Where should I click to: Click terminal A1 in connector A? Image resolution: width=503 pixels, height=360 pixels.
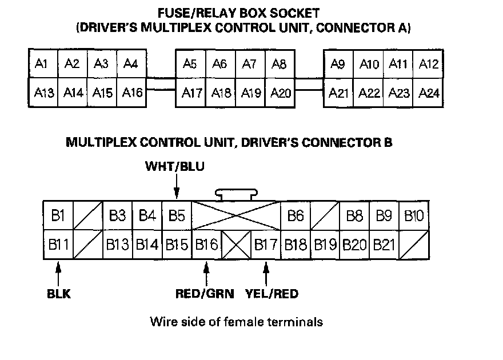43,63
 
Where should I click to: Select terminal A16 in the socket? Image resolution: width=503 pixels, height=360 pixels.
132,93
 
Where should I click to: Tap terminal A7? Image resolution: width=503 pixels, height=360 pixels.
250,64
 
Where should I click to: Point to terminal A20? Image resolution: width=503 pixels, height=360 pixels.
280,93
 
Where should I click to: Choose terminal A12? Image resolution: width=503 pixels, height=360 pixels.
428,64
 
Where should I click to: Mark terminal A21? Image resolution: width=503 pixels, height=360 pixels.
338,93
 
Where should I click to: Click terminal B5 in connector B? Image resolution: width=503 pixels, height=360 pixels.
177,215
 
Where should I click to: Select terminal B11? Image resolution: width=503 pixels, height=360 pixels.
58,244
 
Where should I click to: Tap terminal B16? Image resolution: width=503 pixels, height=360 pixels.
206,244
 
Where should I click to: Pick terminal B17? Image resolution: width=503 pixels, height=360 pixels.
266,244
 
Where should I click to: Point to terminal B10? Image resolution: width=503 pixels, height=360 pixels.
414,215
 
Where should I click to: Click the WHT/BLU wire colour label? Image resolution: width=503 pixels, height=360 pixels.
175,166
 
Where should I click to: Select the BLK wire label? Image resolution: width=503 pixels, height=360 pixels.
59,294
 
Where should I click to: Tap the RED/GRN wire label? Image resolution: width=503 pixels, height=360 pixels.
205,294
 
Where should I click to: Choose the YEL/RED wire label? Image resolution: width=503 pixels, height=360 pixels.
272,294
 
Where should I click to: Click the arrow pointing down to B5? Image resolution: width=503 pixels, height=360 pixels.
177,187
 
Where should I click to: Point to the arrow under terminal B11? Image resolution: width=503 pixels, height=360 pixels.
58,274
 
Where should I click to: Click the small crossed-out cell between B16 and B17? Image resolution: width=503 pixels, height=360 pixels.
236,244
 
